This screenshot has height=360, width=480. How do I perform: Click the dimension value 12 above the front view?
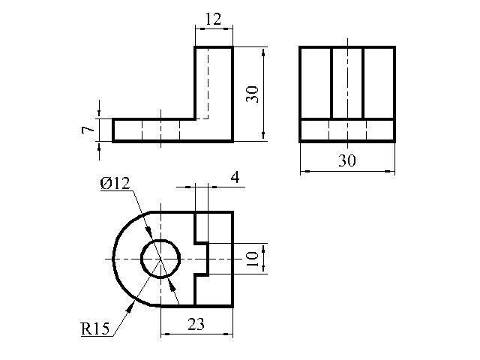pos(213,19)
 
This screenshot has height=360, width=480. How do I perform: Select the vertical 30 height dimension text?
pos(253,94)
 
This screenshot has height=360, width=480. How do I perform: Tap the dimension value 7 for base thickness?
pos(88,130)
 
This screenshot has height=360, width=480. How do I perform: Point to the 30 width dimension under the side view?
pos(347,160)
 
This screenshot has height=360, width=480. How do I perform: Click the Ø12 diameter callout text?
pos(115,184)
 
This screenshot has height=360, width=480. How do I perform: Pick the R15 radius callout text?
pos(95,329)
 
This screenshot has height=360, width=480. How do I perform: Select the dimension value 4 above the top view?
pos(235,177)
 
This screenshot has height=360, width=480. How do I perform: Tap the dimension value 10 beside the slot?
pos(252,259)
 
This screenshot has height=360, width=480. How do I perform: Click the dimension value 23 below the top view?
pos(196,324)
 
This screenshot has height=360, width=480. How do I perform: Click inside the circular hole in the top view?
pos(160,259)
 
